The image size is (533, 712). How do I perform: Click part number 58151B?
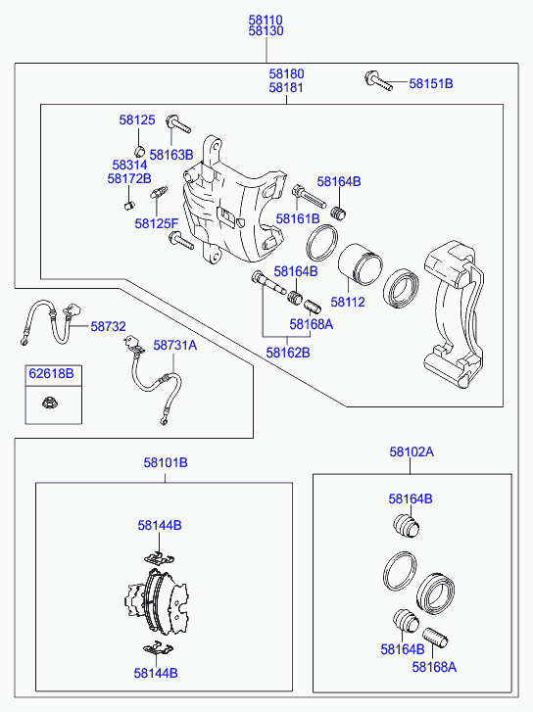431,83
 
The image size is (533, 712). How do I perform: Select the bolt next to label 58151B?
378,81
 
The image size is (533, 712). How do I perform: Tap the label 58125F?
157,223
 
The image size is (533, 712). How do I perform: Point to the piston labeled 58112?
360,264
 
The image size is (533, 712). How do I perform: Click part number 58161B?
298,218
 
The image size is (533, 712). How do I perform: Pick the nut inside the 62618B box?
48,403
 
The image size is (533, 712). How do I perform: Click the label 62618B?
51,373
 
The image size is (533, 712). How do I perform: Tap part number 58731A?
175,345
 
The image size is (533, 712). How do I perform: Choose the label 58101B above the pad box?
166,462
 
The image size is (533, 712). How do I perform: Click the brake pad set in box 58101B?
157,601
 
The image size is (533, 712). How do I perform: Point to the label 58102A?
412,451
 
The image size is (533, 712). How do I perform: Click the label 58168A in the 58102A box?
434,667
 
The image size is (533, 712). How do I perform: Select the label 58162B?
288,353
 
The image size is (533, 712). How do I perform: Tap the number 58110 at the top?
266,20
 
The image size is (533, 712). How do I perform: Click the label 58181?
286,87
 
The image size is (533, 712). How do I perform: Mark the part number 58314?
129,165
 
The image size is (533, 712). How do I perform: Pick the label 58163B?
171,155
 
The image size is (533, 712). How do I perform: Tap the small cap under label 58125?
139,150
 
